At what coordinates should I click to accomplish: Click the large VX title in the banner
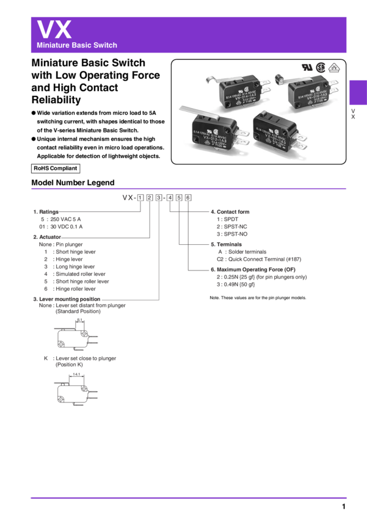(54, 29)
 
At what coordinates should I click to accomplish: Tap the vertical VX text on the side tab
(352, 114)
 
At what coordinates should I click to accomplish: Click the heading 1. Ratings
(46, 211)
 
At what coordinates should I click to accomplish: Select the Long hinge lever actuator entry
(73, 266)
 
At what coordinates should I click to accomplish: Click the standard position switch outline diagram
(74, 338)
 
